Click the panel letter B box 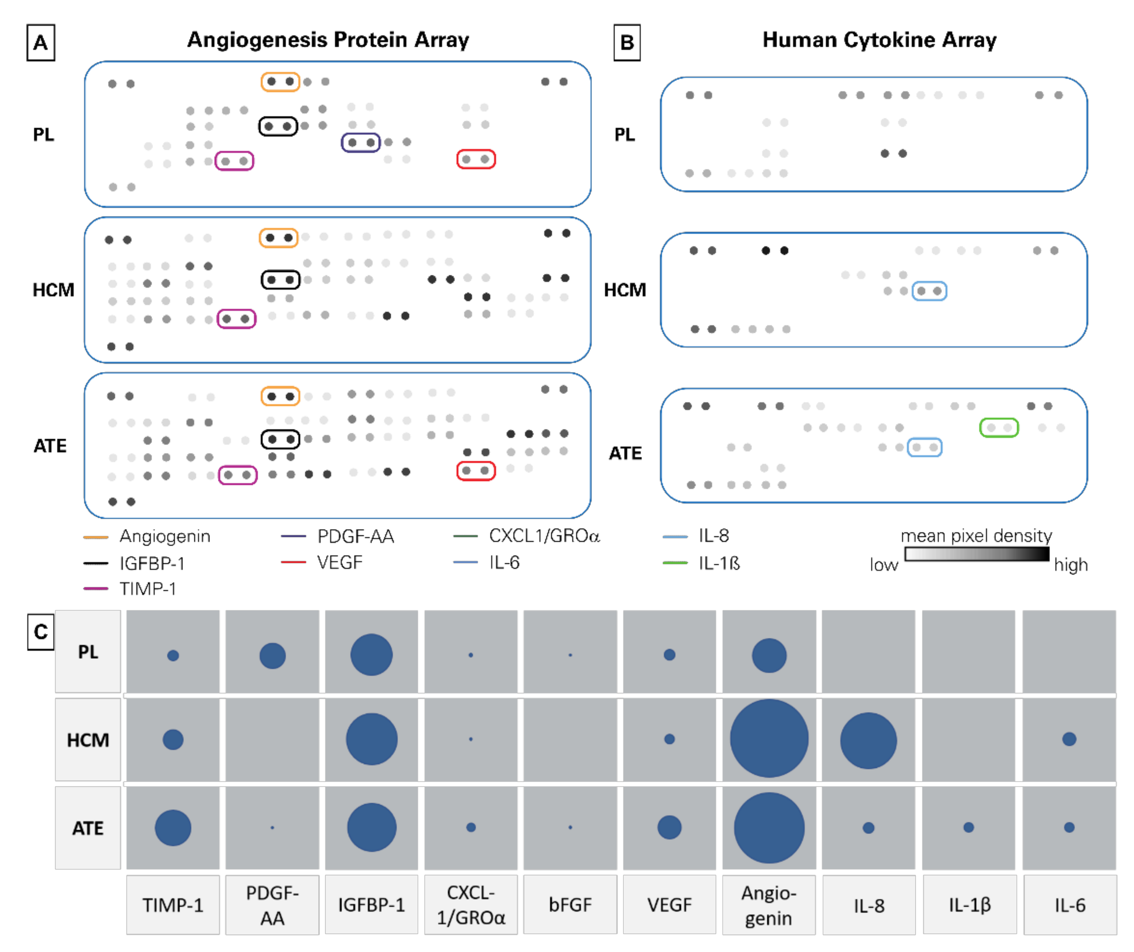click(x=627, y=43)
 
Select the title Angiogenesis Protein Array click(x=328, y=40)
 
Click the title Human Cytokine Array click(x=879, y=40)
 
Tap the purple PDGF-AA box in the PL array click(x=361, y=142)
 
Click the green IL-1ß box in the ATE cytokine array click(x=999, y=428)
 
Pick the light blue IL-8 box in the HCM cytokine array click(x=929, y=291)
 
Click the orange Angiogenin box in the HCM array click(x=279, y=238)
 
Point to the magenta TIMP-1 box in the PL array click(x=234, y=161)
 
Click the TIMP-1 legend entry click(x=148, y=589)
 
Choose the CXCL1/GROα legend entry click(x=544, y=536)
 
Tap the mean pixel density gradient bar click(x=977, y=554)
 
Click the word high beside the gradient click(x=1070, y=565)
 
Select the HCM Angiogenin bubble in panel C click(x=769, y=739)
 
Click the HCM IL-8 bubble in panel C click(x=868, y=740)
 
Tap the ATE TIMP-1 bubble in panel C click(x=173, y=827)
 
